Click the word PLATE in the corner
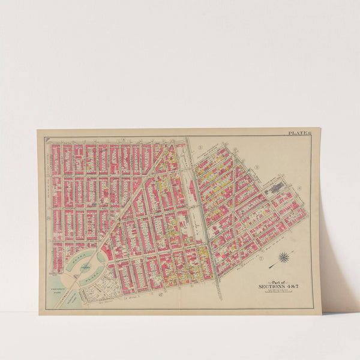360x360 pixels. click(296, 133)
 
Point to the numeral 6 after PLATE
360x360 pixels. click(308, 133)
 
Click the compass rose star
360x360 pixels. click(283, 259)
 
